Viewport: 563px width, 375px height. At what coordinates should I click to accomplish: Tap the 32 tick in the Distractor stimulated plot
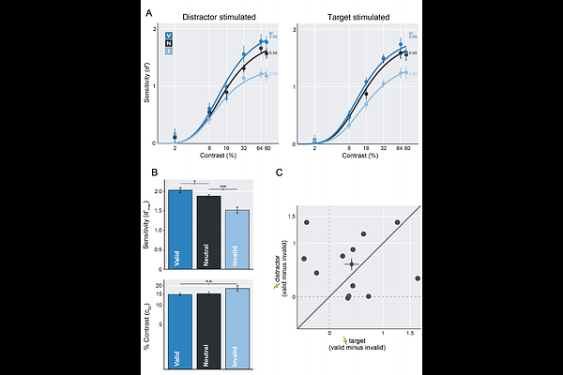click(x=243, y=149)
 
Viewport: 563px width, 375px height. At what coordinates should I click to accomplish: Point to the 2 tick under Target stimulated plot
click(x=314, y=149)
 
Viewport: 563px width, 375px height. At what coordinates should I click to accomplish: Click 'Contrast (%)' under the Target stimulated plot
click(x=360, y=157)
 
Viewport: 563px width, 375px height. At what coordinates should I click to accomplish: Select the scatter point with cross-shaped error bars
click(x=352, y=264)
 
